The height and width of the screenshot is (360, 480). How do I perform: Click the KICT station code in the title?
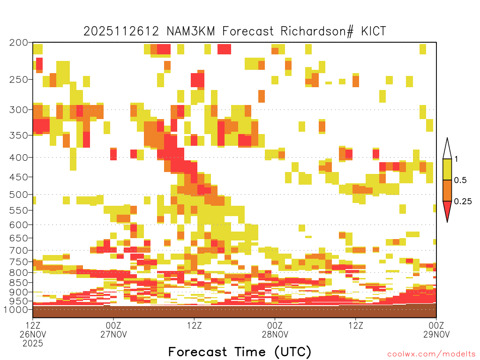(373, 31)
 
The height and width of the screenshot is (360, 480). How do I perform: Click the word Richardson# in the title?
(317, 31)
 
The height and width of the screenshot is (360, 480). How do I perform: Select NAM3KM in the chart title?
(191, 31)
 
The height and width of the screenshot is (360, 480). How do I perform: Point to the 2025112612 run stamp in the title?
(121, 31)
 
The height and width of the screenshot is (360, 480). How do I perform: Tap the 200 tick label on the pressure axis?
(19, 43)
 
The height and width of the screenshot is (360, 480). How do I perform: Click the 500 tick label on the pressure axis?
(19, 195)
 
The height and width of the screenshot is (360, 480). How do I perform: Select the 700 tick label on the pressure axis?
(19, 250)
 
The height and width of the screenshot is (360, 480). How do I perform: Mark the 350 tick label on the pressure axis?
(19, 135)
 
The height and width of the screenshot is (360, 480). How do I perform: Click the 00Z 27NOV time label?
(113, 330)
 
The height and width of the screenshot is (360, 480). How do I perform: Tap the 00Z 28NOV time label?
(275, 330)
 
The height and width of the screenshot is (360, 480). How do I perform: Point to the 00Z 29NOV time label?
(436, 330)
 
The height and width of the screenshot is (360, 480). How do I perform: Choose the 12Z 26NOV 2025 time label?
(33, 334)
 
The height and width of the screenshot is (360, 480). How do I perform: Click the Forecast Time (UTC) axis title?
(240, 352)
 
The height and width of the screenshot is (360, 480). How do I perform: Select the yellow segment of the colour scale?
(447, 169)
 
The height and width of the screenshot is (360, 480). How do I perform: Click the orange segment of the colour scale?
(447, 190)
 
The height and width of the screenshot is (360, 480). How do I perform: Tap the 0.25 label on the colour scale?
(463, 202)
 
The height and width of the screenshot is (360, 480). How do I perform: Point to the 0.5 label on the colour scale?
(460, 180)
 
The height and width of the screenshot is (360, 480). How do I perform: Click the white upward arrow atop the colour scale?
(447, 149)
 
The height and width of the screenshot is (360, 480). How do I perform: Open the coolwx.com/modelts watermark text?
(431, 354)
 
